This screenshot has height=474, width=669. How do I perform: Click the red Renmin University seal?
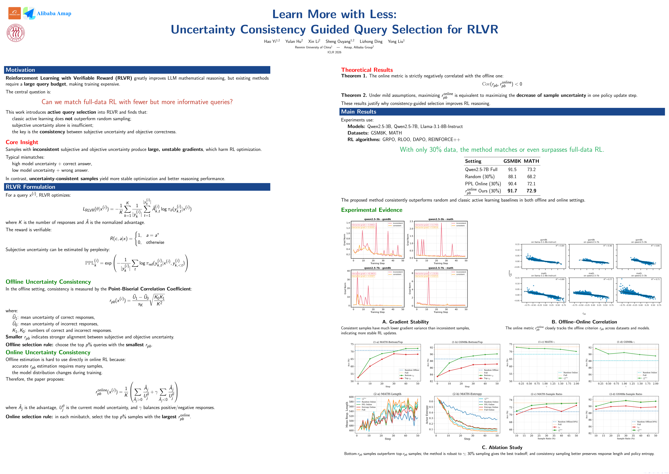click(x=15, y=33)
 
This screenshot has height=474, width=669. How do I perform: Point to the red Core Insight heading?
click(x=22, y=142)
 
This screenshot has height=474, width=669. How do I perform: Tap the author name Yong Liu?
click(x=396, y=41)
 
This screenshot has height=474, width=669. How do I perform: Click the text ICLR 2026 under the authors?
click(x=334, y=52)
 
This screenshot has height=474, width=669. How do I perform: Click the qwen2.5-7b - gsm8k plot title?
click(x=377, y=268)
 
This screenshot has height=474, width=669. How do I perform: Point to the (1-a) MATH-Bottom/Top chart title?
click(x=388, y=342)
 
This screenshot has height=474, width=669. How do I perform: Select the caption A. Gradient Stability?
click(x=405, y=322)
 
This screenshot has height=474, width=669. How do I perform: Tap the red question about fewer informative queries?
click(x=137, y=102)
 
